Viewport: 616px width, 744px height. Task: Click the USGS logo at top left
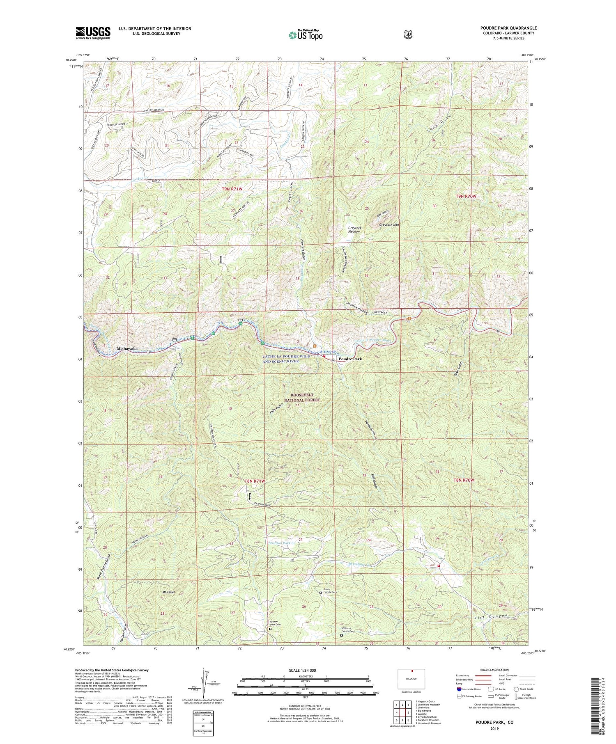[93, 33]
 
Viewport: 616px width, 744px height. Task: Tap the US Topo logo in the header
[306, 35]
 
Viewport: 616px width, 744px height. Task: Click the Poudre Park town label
[350, 359]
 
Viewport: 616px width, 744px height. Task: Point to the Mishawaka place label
[127, 348]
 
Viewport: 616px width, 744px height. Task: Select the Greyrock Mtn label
[389, 225]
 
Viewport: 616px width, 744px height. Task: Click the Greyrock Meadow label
[354, 229]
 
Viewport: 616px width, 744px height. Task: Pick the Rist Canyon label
[491, 617]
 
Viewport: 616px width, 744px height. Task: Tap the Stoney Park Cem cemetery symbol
[270, 628]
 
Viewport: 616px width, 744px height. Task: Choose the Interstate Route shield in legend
[459, 689]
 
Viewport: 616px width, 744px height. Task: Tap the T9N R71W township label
[232, 189]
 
